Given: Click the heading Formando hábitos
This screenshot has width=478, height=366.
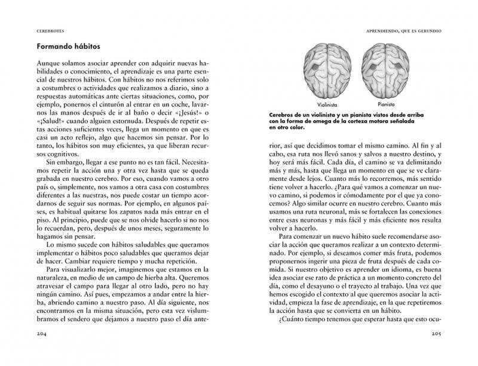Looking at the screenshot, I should pyautogui.click(x=62, y=45).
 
